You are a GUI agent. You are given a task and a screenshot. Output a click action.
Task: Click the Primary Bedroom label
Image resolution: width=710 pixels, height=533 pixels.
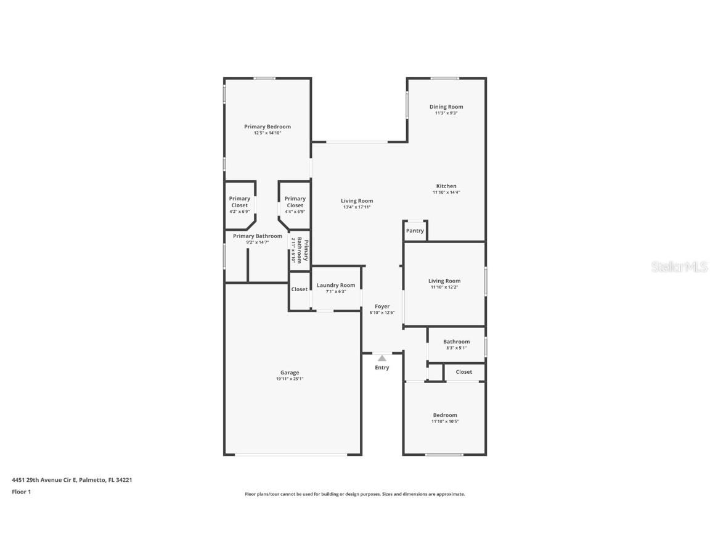point(267,127)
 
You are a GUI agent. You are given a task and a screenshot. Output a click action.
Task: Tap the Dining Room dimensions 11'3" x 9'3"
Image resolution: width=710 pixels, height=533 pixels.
point(446,114)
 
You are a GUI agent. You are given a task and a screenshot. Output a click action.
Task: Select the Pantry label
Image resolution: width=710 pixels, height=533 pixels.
point(415,231)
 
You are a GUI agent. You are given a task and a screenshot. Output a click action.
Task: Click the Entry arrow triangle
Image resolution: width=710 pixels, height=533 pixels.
point(382,358)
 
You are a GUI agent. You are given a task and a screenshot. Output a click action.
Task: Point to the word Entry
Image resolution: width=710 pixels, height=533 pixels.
point(382,368)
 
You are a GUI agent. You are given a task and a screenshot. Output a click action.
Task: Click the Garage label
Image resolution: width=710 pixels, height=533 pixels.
point(290,373)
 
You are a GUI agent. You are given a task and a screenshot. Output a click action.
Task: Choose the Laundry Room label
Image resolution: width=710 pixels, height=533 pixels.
point(336,285)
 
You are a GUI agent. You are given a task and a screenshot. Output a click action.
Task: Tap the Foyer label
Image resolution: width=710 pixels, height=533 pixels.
point(382,306)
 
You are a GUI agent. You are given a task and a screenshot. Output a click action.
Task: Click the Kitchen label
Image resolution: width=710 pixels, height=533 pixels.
point(446,186)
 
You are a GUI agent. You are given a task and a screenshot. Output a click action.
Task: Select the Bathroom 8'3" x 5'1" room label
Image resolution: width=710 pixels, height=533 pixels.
point(456,342)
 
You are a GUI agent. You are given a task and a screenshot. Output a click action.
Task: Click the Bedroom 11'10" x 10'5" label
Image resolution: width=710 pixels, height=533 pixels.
point(445,415)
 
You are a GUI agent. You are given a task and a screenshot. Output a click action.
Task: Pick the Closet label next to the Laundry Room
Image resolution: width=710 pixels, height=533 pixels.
point(300,289)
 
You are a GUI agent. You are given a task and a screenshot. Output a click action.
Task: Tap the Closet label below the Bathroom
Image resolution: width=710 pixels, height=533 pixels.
point(463,372)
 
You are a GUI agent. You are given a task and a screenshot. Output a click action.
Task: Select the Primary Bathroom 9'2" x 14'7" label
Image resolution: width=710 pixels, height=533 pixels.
point(258,236)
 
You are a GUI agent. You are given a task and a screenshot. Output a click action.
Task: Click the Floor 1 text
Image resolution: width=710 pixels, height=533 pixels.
point(21,492)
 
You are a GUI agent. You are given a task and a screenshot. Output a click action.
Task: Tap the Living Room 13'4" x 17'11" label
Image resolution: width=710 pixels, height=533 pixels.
point(357,201)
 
